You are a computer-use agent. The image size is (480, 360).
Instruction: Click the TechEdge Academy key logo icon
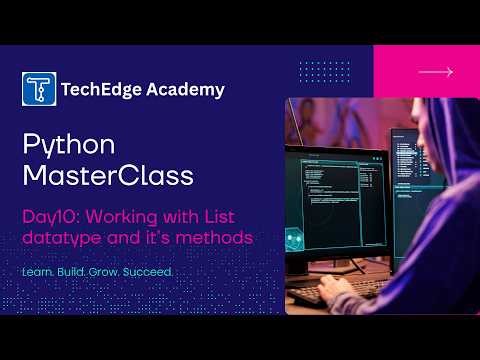tap(38, 89)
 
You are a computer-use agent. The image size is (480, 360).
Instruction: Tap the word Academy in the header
tap(186, 89)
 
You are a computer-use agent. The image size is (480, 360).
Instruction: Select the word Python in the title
tap(69, 146)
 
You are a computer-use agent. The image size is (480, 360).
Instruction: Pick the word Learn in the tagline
tap(38, 272)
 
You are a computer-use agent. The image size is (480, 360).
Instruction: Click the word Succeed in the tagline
tap(151, 272)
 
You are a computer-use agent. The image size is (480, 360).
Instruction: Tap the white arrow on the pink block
tap(435, 72)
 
